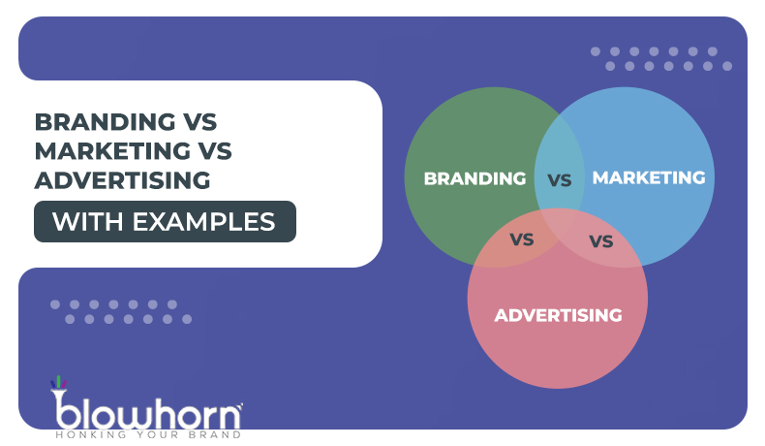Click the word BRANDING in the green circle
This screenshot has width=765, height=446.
[474, 178]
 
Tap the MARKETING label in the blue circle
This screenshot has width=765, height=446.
[648, 177]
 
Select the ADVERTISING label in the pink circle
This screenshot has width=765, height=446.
[557, 315]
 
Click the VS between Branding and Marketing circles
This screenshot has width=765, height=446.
[560, 179]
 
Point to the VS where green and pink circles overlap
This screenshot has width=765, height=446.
[522, 239]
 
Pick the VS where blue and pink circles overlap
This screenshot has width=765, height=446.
[601, 240]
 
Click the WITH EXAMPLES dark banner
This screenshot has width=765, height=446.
[165, 221]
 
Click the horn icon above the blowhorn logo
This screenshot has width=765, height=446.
[58, 385]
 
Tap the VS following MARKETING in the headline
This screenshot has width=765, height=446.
[213, 151]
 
